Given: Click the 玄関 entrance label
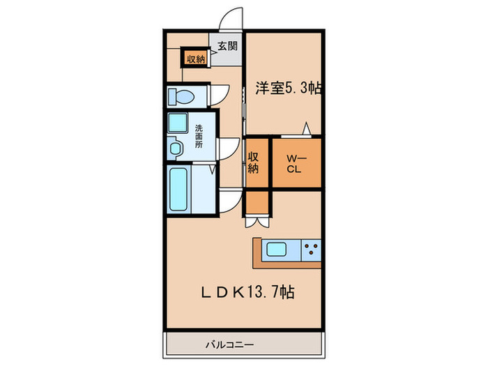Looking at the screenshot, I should coord(227,47).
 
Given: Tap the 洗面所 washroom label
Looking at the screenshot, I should coord(199,137).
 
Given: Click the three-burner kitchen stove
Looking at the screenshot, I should coord(311,249).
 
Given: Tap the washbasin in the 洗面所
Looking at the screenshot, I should coord(175,147).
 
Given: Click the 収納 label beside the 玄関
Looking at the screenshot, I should coord(195,59).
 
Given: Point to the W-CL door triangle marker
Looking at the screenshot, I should coord(305,128).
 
